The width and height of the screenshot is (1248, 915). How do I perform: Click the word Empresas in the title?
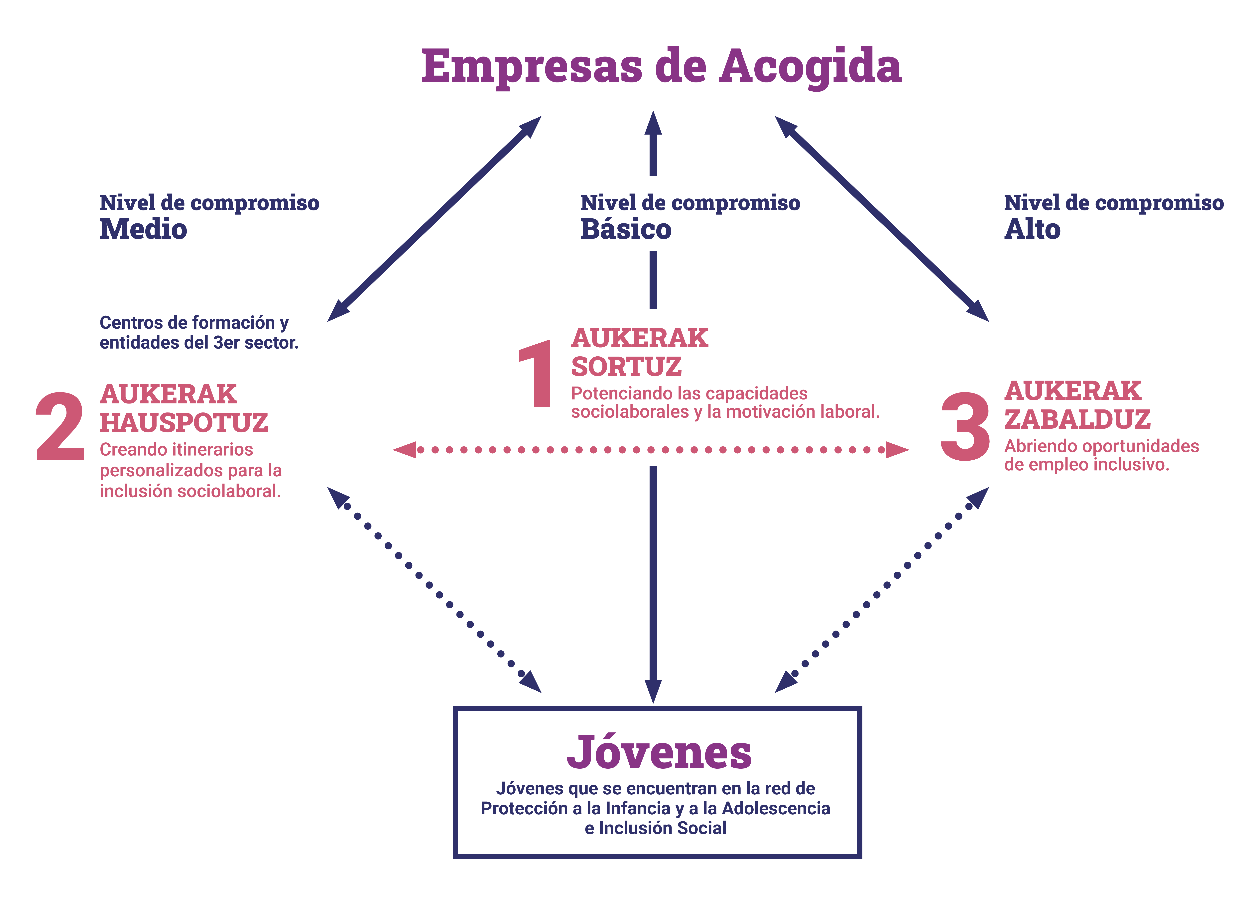coord(532,66)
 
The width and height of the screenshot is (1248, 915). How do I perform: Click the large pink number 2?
coord(60,426)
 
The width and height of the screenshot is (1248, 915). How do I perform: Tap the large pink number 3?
coord(965,426)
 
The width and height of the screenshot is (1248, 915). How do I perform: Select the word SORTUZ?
coord(626,367)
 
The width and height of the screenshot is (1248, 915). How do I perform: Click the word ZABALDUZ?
coord(1077,419)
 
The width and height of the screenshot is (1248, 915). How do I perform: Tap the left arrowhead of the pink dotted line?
coord(406,450)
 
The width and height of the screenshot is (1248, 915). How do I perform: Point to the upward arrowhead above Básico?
coord(653,125)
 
